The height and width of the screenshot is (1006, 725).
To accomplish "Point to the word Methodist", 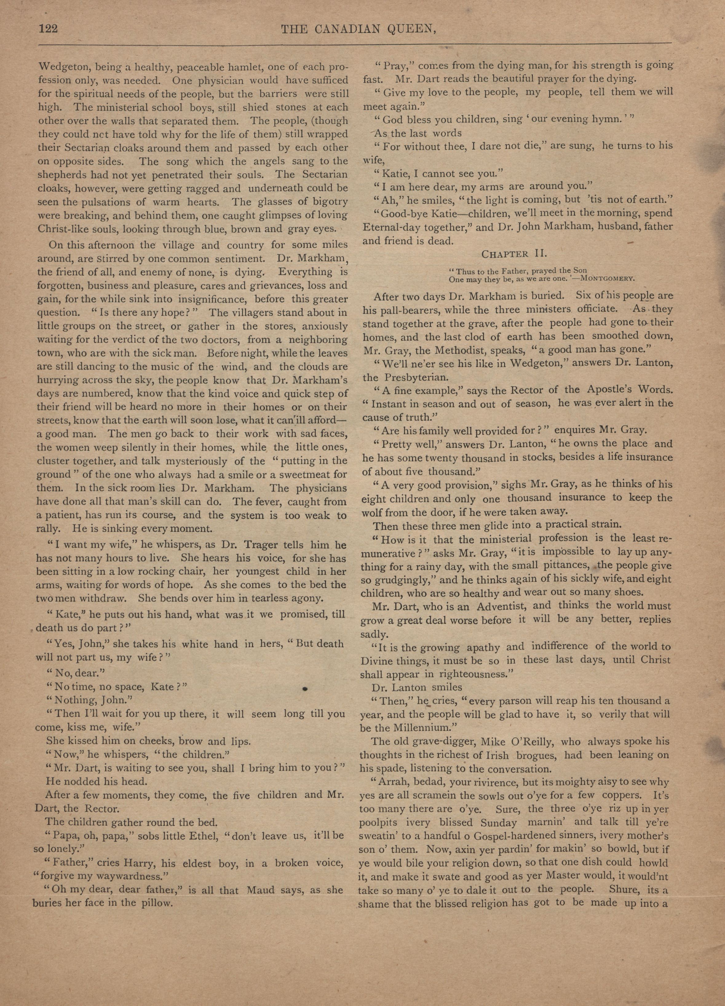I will point(454,349).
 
